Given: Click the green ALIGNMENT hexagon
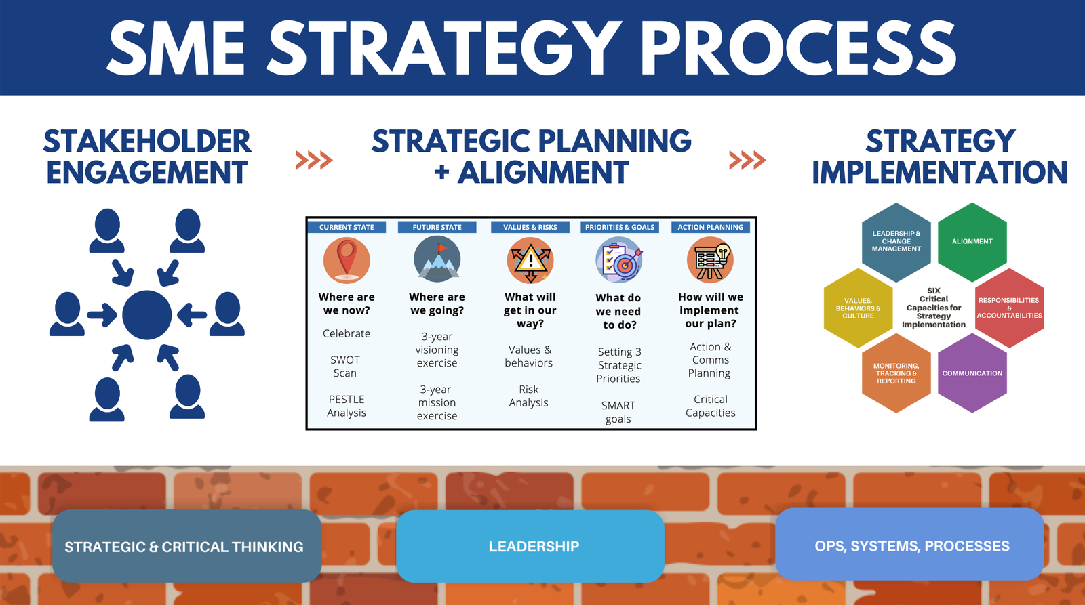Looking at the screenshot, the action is [972, 242].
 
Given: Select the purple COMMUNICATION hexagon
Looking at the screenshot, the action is [972, 373].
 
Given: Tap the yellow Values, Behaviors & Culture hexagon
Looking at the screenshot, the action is [859, 308].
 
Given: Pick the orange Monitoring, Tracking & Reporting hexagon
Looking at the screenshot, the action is [896, 373].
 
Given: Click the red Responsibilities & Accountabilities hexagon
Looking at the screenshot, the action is [1010, 308].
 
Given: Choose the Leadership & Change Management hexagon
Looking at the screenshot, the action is [896, 242].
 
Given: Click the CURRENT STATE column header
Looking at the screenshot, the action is [347, 227].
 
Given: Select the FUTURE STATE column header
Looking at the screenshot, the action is [437, 227].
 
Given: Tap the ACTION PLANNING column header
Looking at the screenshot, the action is [710, 227].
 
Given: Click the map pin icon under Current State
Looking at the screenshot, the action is [347, 260].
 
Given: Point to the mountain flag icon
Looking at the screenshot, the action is [437, 259].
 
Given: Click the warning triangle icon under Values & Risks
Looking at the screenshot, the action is [530, 260].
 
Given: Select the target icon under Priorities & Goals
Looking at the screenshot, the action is [619, 260].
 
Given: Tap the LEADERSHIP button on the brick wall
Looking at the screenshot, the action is [530, 547].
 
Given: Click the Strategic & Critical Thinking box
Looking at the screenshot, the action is [187, 546].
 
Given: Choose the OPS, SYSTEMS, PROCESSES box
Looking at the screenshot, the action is [909, 544].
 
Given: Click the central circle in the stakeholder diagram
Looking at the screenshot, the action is [146, 315].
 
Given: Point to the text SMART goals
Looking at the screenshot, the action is [618, 413].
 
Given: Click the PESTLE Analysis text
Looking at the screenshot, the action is [347, 406].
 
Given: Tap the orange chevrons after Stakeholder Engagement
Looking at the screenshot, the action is [314, 160].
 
